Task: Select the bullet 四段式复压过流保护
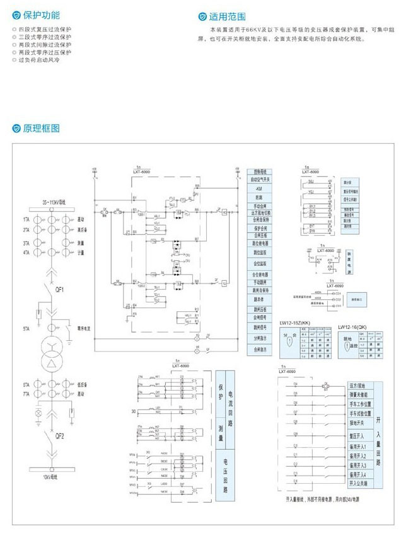click(x=45, y=30)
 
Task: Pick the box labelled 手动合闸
click(x=259, y=206)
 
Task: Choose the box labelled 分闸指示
click(x=259, y=338)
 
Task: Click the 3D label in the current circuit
click(x=132, y=413)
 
